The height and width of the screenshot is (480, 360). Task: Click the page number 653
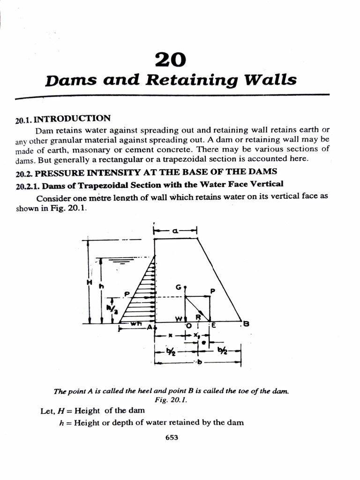172,438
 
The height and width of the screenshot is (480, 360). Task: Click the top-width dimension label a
175,230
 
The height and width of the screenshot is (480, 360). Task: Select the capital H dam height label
89,282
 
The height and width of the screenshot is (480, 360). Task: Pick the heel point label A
150,327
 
